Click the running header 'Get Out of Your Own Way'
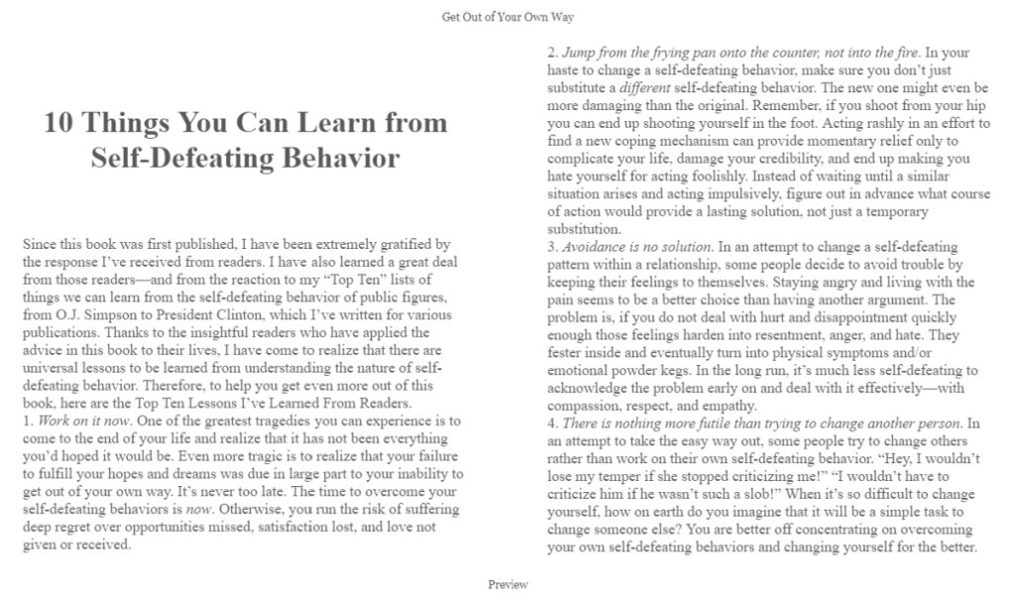tap(507, 17)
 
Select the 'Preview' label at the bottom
tap(507, 584)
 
